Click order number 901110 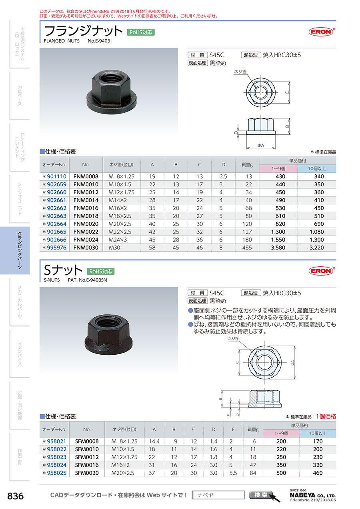56,177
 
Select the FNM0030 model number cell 86,248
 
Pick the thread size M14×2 118,200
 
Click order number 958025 56,473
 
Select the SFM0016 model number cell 87,465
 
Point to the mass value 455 247,248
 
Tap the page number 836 16,496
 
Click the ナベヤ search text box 218,495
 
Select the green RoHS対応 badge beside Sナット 100,271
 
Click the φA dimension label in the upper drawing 261,146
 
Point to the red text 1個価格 326,416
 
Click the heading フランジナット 83,31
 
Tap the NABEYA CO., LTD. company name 313,495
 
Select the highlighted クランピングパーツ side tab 15,250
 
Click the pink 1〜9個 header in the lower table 281,433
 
